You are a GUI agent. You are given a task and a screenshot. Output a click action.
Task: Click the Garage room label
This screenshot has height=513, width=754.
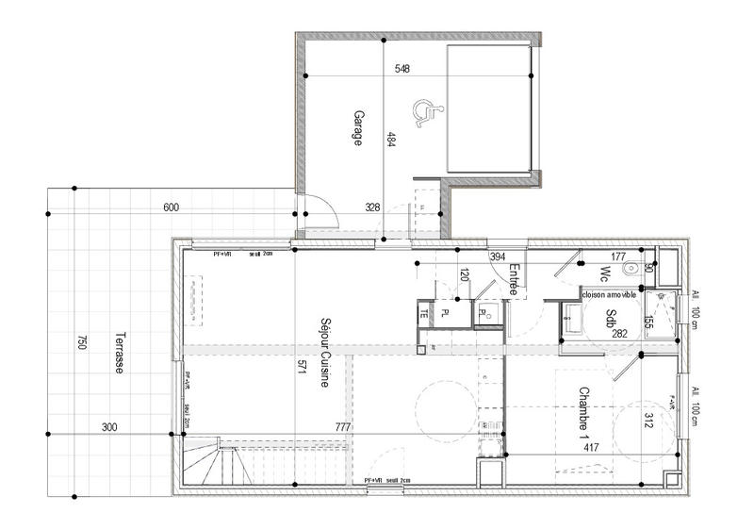358,127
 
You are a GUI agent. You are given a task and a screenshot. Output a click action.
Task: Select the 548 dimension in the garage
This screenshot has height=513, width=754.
402,69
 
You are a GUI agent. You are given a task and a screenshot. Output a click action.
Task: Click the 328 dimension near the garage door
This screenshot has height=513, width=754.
372,207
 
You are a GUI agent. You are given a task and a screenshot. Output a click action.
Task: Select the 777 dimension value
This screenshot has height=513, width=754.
343,428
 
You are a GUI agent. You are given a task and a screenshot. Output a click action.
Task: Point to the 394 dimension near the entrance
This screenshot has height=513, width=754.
498,256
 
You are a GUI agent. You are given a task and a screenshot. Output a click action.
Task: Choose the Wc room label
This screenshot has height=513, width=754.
604,273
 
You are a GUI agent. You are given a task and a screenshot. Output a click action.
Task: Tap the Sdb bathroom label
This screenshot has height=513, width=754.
611,318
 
